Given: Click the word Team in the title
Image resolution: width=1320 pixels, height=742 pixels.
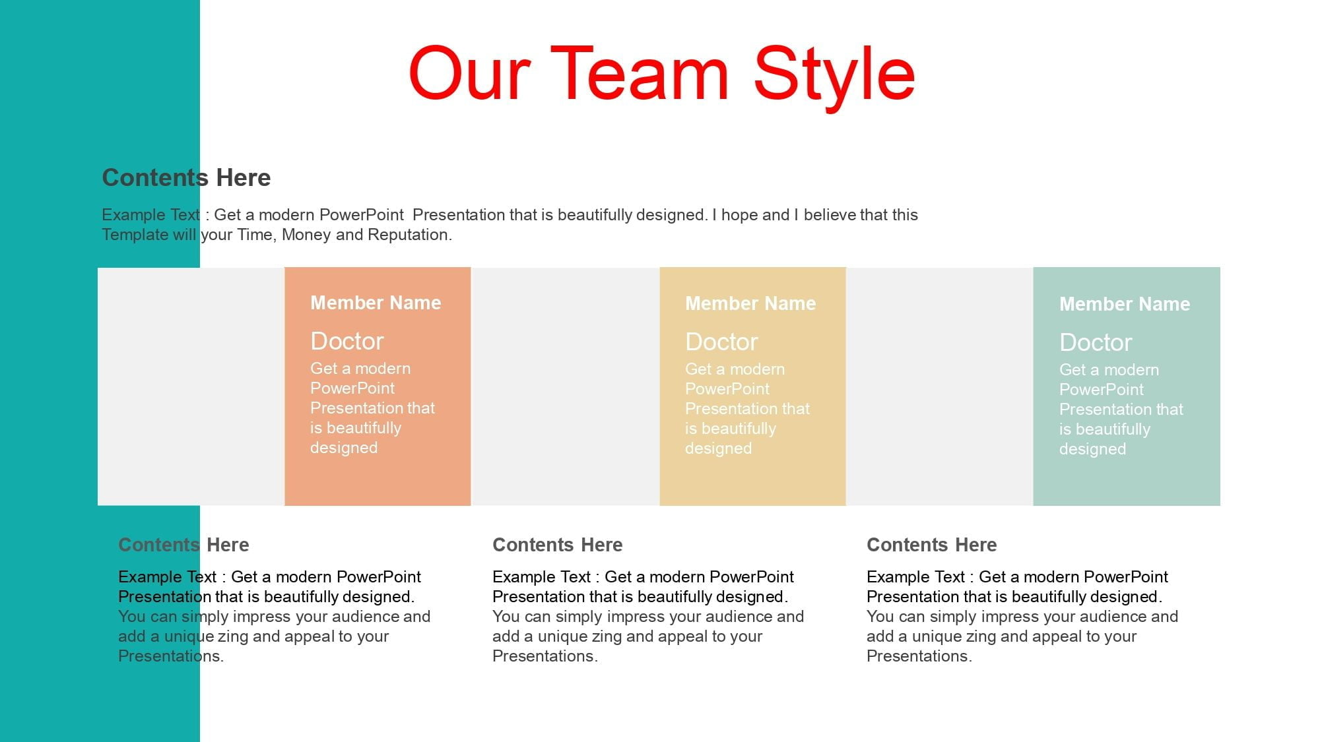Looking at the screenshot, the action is click(x=640, y=73).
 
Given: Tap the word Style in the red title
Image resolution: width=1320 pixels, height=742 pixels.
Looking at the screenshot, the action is click(x=834, y=78).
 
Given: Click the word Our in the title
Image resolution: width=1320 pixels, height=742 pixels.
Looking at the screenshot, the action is click(x=469, y=73).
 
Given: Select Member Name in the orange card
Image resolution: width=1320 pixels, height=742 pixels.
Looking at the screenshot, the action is click(x=376, y=303).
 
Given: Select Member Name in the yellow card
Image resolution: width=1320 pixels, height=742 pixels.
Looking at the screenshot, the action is click(x=750, y=303).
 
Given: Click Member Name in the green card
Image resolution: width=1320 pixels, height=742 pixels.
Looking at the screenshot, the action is click(x=1125, y=304).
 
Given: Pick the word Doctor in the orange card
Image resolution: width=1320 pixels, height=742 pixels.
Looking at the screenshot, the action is click(x=346, y=341).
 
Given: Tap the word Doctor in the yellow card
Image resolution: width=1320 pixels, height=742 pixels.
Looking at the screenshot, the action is click(x=721, y=342).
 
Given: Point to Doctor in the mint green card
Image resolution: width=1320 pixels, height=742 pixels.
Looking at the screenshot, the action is click(x=1096, y=342).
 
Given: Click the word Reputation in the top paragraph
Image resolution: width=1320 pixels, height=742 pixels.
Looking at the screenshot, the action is click(x=409, y=235).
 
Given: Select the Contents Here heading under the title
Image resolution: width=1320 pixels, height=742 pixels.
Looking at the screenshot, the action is click(x=186, y=177).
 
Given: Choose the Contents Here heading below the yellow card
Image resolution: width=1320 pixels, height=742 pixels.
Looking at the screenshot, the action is click(x=558, y=545).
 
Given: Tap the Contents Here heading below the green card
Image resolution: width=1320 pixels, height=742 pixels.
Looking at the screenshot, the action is click(x=931, y=545).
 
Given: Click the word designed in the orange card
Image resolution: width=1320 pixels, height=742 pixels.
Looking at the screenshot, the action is click(x=344, y=448).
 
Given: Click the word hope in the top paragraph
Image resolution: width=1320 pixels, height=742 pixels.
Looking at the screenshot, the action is click(x=742, y=216).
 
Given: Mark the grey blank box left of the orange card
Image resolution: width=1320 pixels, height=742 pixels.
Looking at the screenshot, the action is click(x=191, y=386).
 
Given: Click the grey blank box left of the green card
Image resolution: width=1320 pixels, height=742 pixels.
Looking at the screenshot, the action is click(x=939, y=386).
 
